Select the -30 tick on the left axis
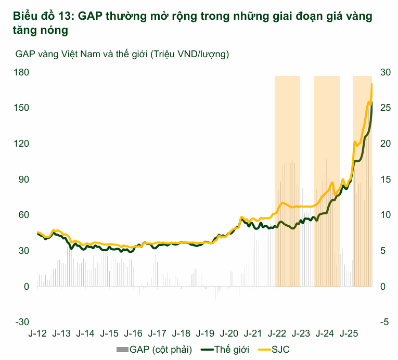(21, 323)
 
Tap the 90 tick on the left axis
(22, 179)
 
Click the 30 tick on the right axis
(385, 72)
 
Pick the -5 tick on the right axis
(385, 323)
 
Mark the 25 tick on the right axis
(385, 108)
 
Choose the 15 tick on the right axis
(385, 179)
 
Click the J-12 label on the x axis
(37, 333)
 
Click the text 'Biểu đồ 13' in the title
(35, 16)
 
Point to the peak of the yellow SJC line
(371, 83)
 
